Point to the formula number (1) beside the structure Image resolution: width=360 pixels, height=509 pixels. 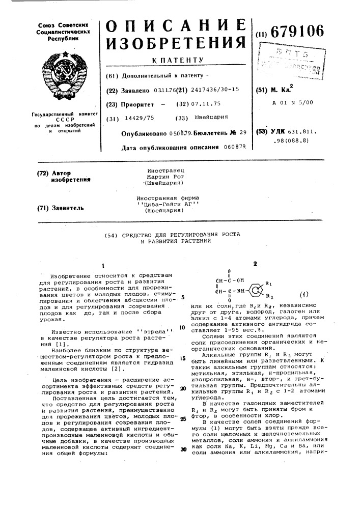(304, 295)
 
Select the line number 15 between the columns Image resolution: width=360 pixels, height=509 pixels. (182, 359)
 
